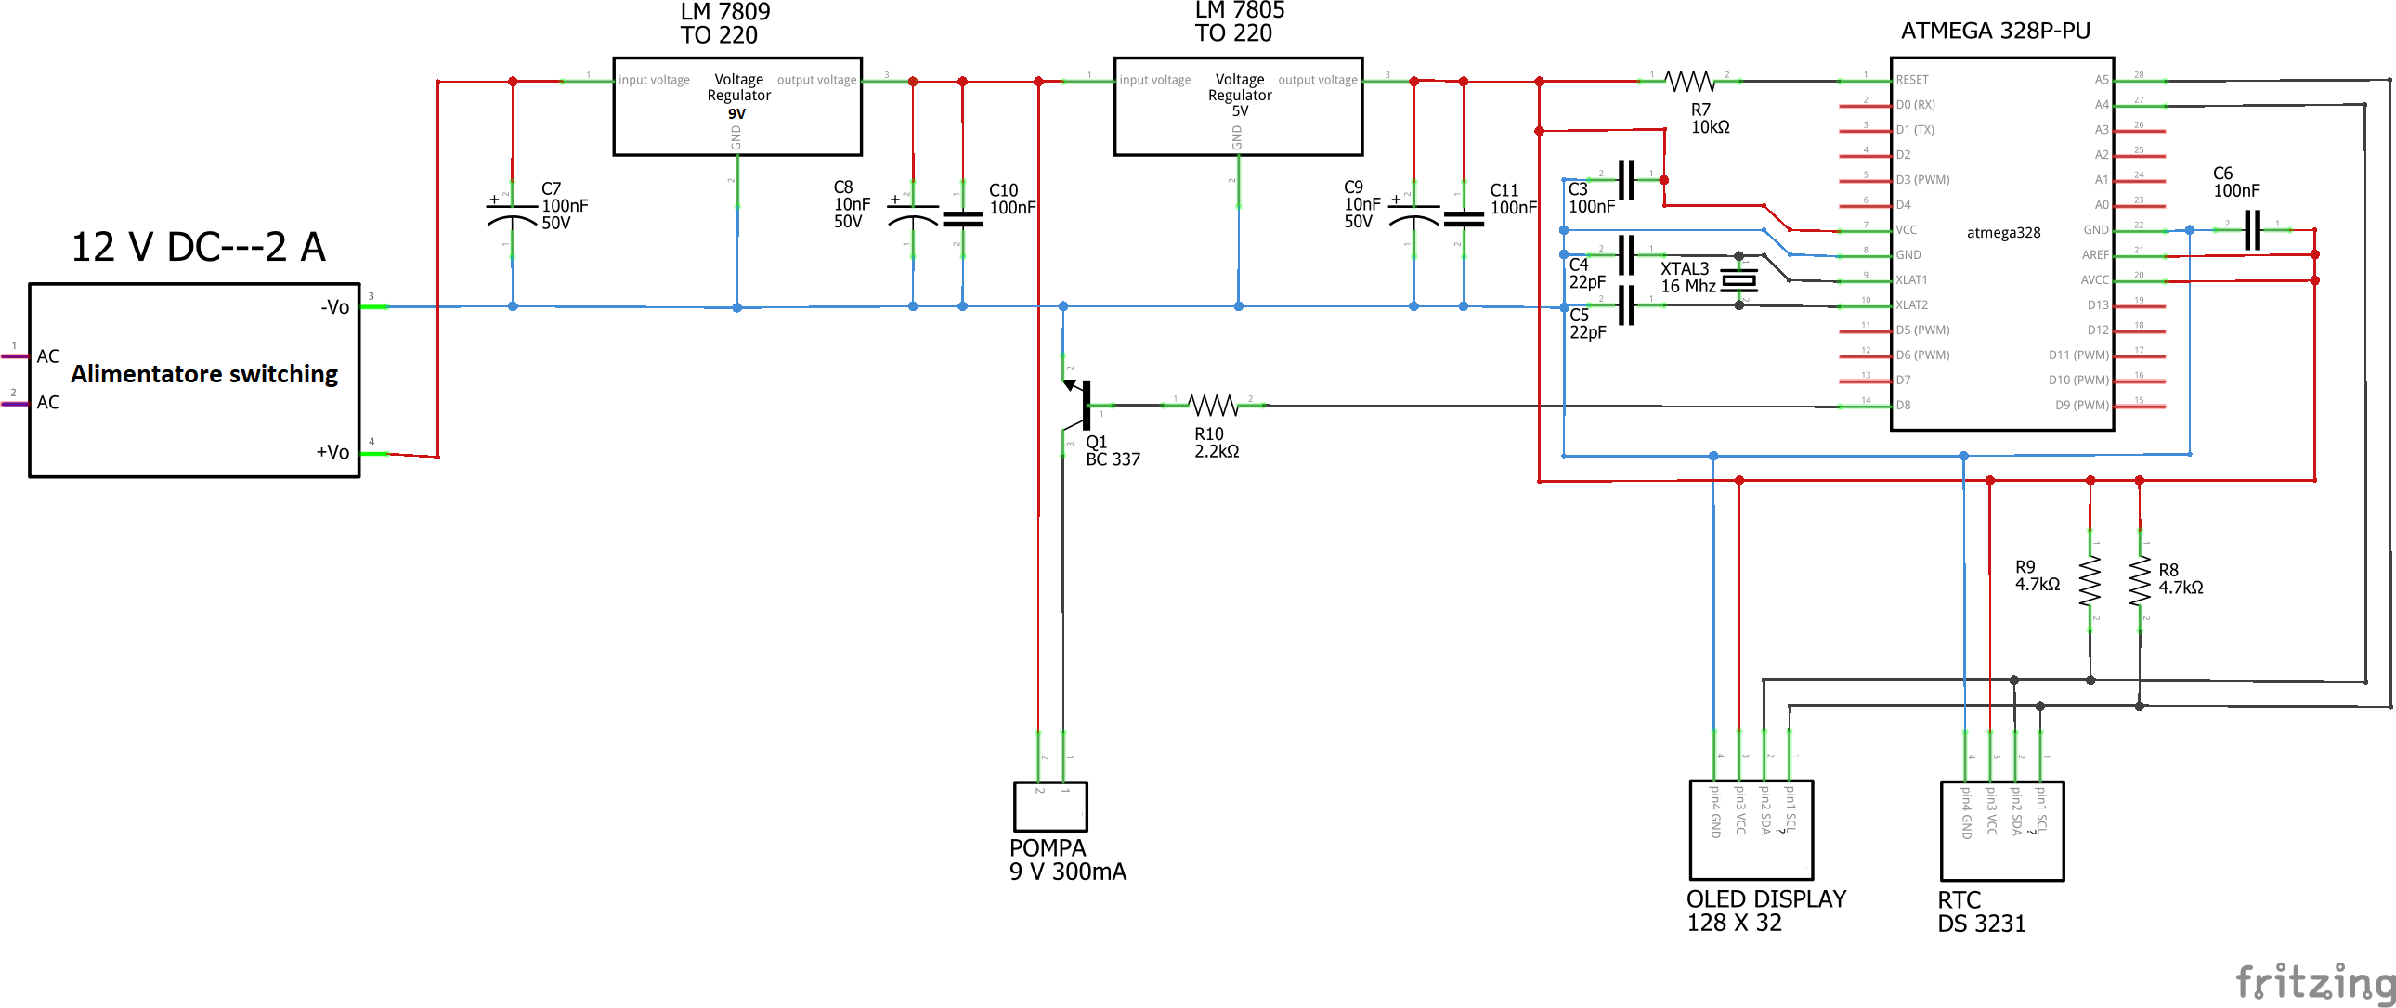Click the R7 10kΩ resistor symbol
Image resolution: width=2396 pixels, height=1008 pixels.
tap(1689, 82)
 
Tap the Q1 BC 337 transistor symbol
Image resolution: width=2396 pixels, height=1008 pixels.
tap(1082, 405)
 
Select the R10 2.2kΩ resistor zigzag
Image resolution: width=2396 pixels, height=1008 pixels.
tap(1214, 406)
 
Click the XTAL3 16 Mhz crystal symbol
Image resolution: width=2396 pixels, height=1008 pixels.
tap(1738, 280)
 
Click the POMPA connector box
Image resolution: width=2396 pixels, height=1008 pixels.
tap(1050, 807)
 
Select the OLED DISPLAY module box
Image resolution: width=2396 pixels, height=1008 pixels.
tap(1751, 830)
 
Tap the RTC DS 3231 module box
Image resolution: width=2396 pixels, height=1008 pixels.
tap(2001, 831)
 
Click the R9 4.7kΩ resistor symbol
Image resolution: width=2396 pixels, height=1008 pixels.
tap(2090, 581)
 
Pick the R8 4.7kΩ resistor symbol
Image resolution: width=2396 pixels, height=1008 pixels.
tap(2140, 581)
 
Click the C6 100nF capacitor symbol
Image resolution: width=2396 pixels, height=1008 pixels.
tap(2252, 229)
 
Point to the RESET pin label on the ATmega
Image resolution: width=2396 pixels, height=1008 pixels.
tap(1912, 80)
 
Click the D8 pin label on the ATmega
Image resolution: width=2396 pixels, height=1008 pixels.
tap(1904, 406)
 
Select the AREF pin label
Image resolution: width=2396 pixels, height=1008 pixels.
tap(2094, 255)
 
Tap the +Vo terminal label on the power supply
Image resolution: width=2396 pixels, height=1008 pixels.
tap(332, 453)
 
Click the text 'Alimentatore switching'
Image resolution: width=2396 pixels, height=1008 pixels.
tap(204, 374)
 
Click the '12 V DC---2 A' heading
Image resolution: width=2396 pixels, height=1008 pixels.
tap(198, 247)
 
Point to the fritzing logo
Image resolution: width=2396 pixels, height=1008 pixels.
tap(2314, 982)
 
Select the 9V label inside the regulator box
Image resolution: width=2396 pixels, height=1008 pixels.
tap(736, 114)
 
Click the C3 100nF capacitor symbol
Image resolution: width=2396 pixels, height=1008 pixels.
tap(1626, 179)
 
